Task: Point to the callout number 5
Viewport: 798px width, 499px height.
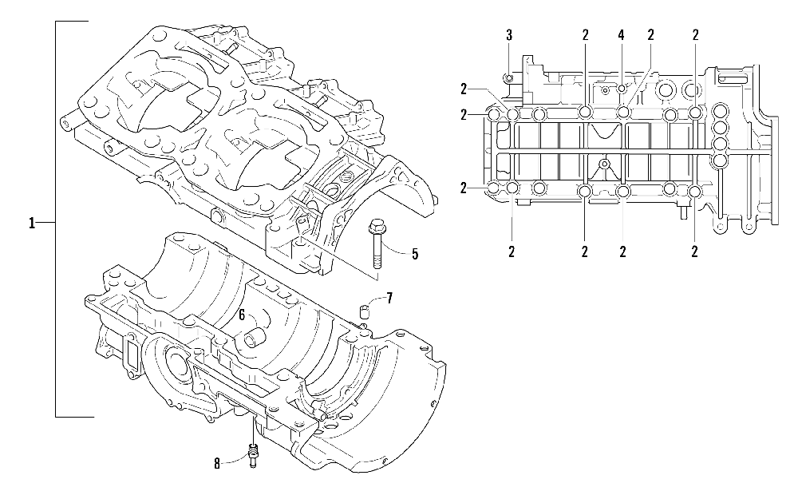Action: click(415, 254)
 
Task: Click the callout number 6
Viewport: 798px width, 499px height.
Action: click(240, 315)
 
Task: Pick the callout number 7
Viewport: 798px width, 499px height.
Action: click(389, 299)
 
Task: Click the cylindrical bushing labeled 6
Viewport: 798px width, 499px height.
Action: click(258, 339)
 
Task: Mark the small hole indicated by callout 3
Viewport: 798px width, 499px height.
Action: click(508, 77)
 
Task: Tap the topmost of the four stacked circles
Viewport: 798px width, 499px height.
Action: click(720, 111)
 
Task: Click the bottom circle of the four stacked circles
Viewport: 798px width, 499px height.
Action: click(720, 160)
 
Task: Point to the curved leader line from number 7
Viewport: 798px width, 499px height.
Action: click(375, 301)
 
